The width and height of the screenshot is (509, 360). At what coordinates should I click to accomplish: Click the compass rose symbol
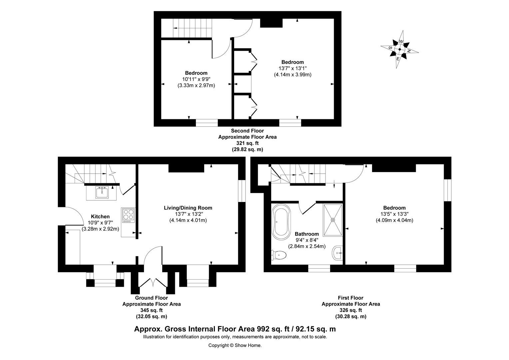399,49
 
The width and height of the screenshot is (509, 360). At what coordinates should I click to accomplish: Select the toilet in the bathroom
278,255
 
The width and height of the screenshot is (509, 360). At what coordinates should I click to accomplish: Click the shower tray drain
333,220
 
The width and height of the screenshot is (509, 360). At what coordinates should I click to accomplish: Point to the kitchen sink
102,192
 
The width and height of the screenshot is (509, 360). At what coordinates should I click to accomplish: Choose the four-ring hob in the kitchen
128,215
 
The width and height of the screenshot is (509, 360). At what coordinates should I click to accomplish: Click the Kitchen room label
100,217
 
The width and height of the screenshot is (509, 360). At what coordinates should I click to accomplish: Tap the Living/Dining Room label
188,208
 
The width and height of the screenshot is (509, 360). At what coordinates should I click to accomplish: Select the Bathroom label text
307,234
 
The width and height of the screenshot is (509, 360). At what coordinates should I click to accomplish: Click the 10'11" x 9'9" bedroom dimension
196,79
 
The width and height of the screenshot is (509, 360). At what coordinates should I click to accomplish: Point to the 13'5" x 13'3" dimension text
394,214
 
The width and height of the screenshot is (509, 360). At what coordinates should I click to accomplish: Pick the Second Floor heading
248,131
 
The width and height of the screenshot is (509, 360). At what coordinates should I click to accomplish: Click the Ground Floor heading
151,298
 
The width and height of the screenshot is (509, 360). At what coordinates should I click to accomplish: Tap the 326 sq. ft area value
351,310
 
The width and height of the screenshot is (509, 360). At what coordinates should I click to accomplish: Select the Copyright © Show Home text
235,345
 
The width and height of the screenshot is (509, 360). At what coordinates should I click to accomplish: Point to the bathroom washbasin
337,253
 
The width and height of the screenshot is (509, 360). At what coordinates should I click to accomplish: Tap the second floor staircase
193,28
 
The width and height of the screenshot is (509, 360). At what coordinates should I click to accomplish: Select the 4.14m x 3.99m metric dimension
293,74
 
